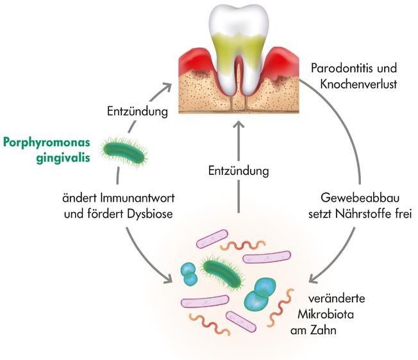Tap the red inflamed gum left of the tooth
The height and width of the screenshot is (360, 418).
point(192,61)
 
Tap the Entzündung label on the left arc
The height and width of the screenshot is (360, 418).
point(137,111)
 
